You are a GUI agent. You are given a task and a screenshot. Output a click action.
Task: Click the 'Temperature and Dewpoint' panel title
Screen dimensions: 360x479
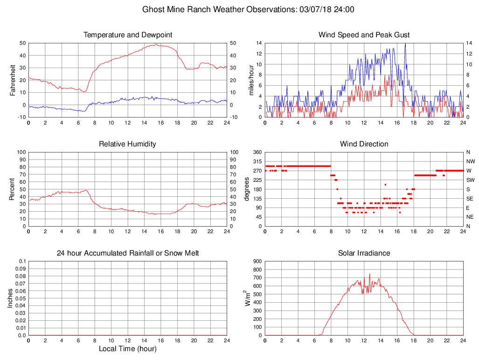pyautogui.click(x=128, y=35)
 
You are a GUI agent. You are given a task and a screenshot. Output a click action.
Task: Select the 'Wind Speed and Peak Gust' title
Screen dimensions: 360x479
pyautogui.click(x=364, y=35)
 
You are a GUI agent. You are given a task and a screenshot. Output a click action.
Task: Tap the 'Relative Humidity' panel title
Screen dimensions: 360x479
pyautogui.click(x=128, y=144)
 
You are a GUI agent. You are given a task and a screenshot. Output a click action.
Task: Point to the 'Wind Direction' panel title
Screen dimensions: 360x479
pyautogui.click(x=364, y=144)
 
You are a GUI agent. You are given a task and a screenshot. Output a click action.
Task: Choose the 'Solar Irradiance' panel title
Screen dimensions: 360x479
pyautogui.click(x=364, y=253)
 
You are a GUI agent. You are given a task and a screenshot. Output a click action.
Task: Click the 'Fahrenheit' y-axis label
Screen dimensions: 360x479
pyautogui.click(x=13, y=80)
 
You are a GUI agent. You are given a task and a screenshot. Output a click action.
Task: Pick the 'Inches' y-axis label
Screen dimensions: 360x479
pyautogui.click(x=10, y=298)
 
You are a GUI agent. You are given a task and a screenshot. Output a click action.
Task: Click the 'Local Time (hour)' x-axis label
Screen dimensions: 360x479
pyautogui.click(x=128, y=348)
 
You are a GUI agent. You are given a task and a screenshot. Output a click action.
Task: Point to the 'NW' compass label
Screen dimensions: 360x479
pyautogui.click(x=469, y=161)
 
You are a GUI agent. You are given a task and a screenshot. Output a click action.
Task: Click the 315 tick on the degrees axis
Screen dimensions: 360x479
pyautogui.click(x=257, y=161)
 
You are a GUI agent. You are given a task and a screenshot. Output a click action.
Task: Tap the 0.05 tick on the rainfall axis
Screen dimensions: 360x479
pyautogui.click(x=21, y=298)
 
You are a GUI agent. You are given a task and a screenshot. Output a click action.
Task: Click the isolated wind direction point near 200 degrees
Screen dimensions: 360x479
pyautogui.click(x=385, y=185)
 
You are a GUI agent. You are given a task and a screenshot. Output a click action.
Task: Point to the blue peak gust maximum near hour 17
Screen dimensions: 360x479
pyautogui.click(x=405, y=44)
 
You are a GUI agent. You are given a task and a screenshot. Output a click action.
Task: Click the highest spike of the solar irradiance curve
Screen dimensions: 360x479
pyautogui.click(x=369, y=274)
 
